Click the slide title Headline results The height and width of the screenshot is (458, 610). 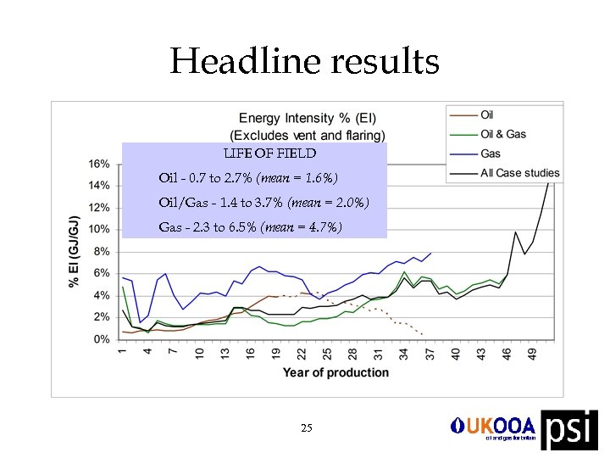pos(305,62)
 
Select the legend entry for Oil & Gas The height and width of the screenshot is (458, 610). pos(503,134)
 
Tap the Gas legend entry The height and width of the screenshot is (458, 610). pos(491,154)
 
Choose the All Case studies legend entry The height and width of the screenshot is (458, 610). pos(519,173)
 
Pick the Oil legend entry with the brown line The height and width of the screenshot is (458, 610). pos(487,114)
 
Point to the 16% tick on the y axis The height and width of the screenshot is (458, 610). pos(99,164)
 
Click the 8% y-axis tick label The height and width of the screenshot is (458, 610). pos(102,251)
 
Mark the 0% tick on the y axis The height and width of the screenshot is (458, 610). pos(102,339)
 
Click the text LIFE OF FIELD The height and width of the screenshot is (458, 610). pos(269,154)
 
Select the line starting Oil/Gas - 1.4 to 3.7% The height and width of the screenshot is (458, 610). pos(263,203)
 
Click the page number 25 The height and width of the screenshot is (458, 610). pos(307,428)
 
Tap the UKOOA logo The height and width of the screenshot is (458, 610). pos(493,427)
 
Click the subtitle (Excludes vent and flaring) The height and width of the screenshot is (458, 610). pos(308,135)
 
